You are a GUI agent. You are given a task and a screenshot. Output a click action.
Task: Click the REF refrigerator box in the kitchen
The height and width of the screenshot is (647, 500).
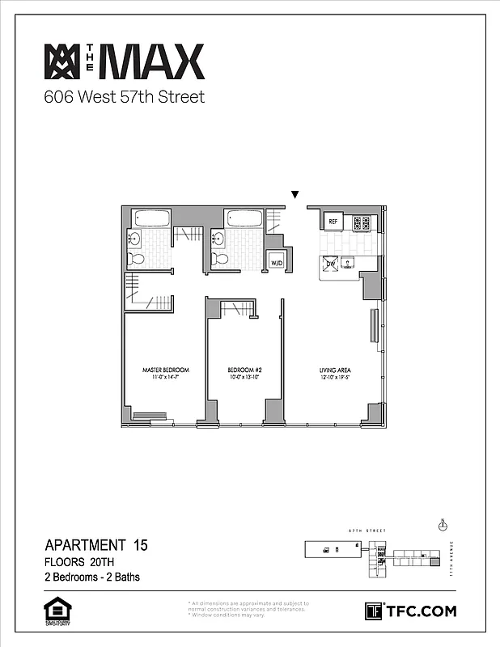[x=333, y=222]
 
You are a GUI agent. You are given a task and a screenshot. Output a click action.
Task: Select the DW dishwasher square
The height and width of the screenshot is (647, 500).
[x=331, y=263]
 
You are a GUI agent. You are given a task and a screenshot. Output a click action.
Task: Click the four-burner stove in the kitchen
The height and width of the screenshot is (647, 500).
[x=361, y=222]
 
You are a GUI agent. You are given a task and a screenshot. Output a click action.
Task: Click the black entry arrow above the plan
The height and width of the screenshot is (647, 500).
[x=295, y=195]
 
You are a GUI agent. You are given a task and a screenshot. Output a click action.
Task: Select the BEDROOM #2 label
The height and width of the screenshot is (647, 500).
[x=244, y=370]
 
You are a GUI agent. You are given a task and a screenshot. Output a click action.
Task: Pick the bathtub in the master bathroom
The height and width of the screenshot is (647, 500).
[x=151, y=218]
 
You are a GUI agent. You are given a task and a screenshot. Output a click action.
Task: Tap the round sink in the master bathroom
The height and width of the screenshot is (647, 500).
[x=134, y=239]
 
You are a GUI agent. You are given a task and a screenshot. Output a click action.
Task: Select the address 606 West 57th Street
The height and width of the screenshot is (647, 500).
[x=124, y=98]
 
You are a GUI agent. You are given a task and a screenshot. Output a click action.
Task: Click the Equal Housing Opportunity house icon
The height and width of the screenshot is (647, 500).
[x=54, y=611]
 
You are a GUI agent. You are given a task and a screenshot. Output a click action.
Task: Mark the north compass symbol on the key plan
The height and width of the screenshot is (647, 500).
[x=442, y=526]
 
